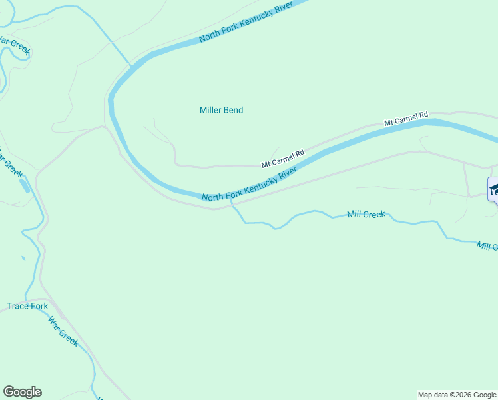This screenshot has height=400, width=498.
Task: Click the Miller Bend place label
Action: (x=221, y=110)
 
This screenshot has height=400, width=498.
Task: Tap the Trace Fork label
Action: (x=27, y=307)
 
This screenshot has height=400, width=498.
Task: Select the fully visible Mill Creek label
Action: (x=366, y=215)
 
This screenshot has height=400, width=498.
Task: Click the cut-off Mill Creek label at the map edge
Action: (x=487, y=247)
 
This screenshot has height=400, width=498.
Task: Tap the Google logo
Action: (x=22, y=392)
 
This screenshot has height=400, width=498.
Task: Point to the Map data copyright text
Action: (x=457, y=395)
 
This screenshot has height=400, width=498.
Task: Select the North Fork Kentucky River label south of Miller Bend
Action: (x=248, y=185)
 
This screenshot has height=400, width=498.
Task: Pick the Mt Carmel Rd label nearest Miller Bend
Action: (x=282, y=158)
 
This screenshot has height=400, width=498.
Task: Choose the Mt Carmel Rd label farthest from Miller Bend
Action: (x=405, y=119)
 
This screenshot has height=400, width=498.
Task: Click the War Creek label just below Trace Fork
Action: (x=63, y=331)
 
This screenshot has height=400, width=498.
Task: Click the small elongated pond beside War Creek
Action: (x=25, y=185)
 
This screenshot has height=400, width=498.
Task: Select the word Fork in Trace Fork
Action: (x=39, y=307)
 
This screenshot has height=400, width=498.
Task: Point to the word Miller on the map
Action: (x=211, y=110)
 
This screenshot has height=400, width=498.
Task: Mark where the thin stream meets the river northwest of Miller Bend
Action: (x=131, y=66)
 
